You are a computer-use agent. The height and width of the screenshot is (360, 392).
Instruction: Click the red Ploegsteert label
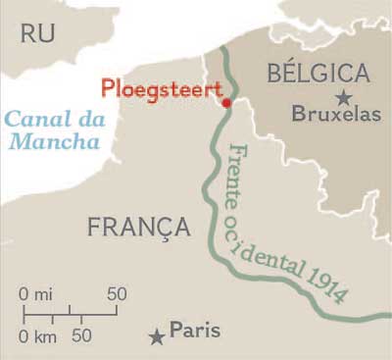click(x=160, y=88)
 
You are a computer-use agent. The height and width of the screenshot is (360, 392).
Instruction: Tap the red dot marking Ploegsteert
click(x=226, y=102)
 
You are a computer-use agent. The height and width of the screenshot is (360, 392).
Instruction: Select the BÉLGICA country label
click(x=318, y=74)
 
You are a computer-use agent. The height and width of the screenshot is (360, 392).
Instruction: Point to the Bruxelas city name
click(x=335, y=115)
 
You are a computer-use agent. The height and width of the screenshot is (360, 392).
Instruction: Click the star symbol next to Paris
click(x=156, y=336)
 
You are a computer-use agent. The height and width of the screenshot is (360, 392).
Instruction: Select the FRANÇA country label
click(x=138, y=228)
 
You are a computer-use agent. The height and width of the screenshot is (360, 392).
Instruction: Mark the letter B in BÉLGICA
click(x=275, y=74)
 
